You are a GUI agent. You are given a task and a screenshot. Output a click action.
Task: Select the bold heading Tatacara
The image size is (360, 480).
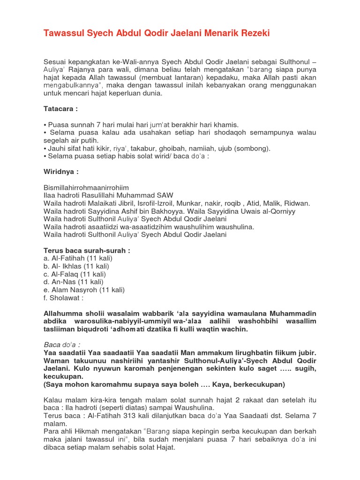point(60,108)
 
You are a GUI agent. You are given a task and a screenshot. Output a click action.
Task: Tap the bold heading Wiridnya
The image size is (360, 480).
point(60,172)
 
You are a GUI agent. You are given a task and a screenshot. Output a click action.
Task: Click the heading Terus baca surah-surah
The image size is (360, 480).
point(87,250)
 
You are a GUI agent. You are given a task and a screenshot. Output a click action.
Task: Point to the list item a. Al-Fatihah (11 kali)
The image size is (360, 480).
point(78,258)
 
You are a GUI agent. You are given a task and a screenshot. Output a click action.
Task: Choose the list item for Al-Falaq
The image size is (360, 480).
point(75,274)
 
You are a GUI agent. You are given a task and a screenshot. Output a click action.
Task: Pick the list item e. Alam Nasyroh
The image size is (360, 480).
point(84,290)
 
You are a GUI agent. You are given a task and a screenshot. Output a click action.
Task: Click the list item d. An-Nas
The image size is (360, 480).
point(73,282)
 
